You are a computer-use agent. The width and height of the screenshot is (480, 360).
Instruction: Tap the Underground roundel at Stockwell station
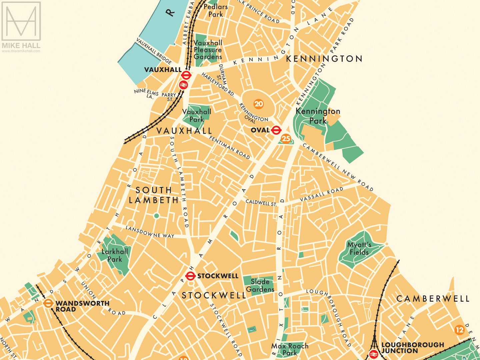click(x=190, y=276)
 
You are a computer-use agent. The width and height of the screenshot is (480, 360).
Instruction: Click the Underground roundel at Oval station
click(x=276, y=130)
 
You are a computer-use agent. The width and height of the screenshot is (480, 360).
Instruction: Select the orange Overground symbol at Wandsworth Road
click(x=48, y=303)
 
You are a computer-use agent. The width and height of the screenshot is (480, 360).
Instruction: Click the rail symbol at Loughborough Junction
click(x=373, y=354)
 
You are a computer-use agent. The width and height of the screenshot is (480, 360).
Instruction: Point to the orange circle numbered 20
click(x=259, y=104)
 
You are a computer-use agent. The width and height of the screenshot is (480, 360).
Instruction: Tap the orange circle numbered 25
click(x=286, y=138)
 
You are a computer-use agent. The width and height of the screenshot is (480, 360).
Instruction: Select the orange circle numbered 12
click(x=459, y=330)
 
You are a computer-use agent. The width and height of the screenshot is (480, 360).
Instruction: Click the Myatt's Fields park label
click(x=359, y=249)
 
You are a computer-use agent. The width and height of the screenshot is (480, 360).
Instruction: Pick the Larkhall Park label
click(x=115, y=255)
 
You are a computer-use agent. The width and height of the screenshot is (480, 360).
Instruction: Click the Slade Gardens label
click(x=260, y=285)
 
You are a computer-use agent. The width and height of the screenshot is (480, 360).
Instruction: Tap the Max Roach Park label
click(x=290, y=349)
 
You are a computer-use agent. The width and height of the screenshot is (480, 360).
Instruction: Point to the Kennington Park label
click(x=318, y=116)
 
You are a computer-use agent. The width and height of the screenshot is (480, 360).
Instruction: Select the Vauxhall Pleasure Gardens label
click(x=208, y=50)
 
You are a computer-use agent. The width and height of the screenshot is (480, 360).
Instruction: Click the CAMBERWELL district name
click(x=433, y=299)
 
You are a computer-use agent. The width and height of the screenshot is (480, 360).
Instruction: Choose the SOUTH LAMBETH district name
click(x=154, y=195)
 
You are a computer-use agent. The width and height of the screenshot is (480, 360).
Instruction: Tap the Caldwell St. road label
click(x=261, y=203)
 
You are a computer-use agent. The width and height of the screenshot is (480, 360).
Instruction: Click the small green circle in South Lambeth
click(x=156, y=216)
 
